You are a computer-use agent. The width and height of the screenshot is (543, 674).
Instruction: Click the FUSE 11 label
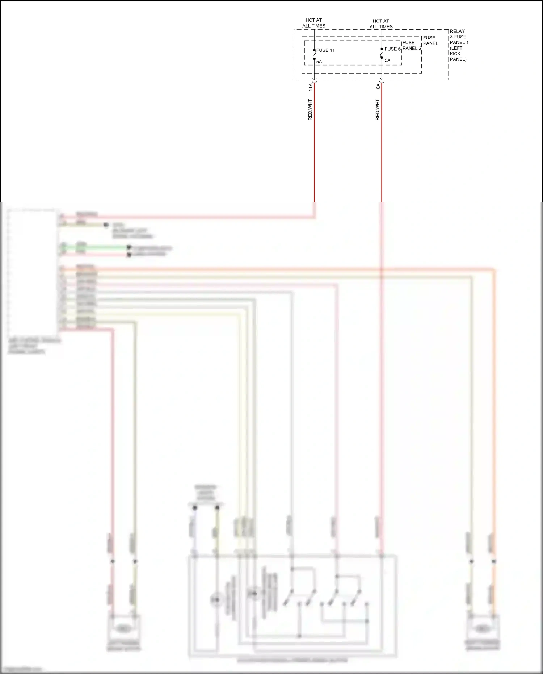(x=325, y=50)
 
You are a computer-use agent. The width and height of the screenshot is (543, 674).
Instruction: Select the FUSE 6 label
(x=392, y=49)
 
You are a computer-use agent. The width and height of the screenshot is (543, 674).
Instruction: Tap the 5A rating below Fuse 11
(x=319, y=62)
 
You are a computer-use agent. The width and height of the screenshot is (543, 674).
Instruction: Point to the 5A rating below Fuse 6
(x=387, y=60)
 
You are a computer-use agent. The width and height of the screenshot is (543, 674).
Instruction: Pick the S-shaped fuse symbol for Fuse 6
(x=382, y=53)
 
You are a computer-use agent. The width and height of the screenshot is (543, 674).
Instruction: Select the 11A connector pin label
(x=310, y=87)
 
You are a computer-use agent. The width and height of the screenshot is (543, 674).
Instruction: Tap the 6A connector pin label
(x=378, y=86)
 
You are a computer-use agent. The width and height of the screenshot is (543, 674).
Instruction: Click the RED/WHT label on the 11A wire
(x=310, y=110)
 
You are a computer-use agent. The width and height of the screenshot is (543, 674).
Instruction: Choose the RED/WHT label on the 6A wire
(x=378, y=110)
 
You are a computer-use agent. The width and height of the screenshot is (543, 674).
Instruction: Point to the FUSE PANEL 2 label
(x=412, y=45)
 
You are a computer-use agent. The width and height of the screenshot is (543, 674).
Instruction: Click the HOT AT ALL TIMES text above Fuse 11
(x=313, y=23)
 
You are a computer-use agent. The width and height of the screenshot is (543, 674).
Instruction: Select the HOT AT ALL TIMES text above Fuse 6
(x=381, y=24)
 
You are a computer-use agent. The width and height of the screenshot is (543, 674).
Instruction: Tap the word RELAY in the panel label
(x=457, y=31)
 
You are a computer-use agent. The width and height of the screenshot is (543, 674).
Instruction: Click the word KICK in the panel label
(x=455, y=54)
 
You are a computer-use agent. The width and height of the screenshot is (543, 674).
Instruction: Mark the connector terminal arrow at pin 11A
(x=314, y=80)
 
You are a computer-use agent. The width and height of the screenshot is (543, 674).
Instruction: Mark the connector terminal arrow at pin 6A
(x=382, y=80)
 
